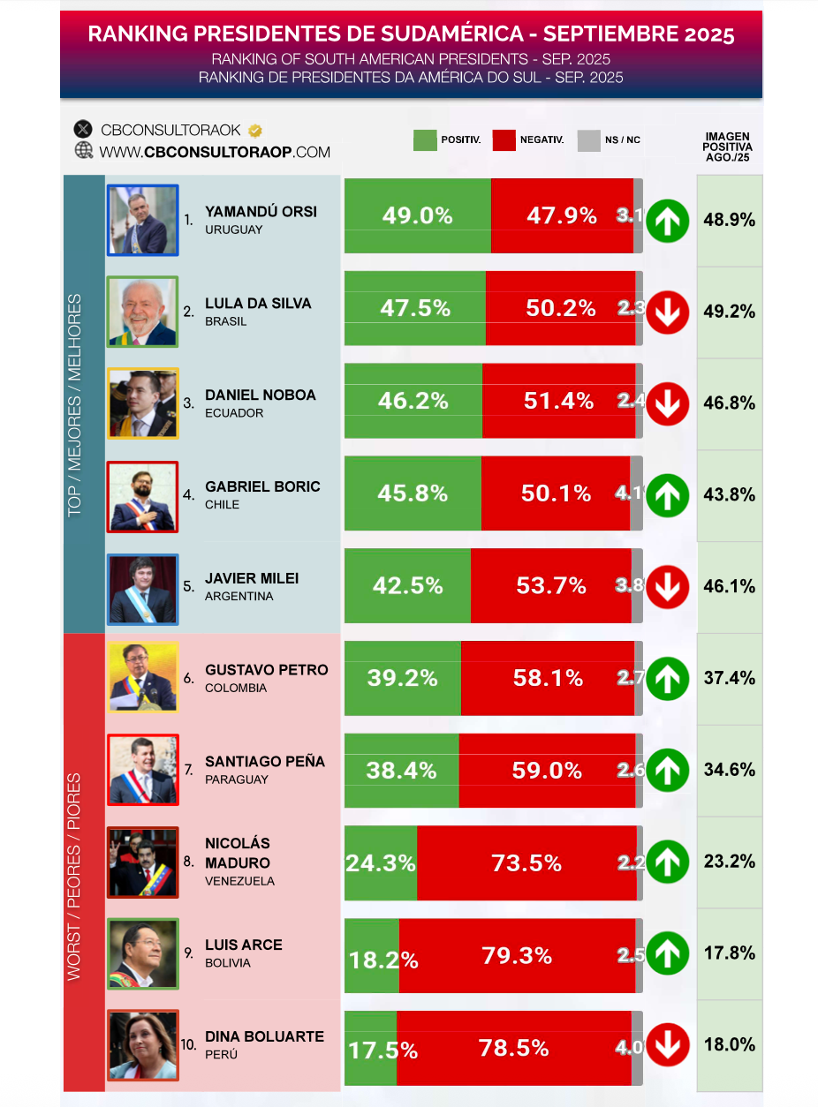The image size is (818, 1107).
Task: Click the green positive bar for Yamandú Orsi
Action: click(417, 216)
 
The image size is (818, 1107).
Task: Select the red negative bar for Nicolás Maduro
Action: click(526, 863)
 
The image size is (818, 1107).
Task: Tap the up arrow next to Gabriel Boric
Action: click(668, 495)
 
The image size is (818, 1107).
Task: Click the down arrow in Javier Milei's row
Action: click(668, 587)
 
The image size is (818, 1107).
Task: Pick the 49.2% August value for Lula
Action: click(729, 312)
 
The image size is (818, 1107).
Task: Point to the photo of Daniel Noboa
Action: click(143, 403)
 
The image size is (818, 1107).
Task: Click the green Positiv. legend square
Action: click(425, 140)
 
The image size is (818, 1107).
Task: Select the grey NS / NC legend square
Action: click(588, 140)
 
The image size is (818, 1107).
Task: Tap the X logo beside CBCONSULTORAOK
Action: click(84, 130)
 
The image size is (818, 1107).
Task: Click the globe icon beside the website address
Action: click(84, 151)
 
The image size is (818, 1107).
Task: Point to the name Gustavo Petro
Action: click(266, 670)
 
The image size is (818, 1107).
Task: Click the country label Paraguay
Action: click(236, 779)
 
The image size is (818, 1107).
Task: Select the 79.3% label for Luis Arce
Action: click(517, 955)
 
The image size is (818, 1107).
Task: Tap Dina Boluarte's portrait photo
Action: click(143, 1045)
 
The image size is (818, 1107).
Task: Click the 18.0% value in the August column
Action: click(729, 1045)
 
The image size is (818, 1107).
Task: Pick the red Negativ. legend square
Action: click(504, 140)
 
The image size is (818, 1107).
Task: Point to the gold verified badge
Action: click(254, 131)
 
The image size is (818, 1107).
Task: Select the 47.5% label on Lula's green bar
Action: click(415, 308)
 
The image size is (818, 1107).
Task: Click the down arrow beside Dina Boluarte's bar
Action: click(668, 1046)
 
